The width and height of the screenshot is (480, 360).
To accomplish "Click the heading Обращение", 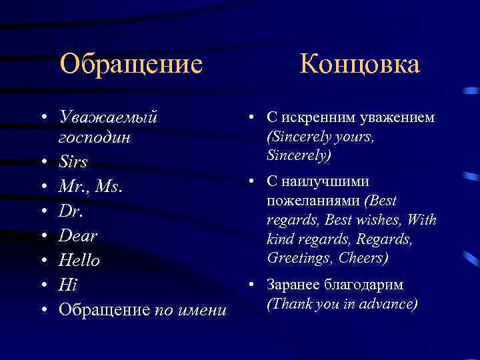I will coord(131,65).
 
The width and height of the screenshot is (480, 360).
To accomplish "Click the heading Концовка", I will coord(359,65).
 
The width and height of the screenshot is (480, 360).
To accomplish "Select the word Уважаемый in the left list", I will coord(108,117).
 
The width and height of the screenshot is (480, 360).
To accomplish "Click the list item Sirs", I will coord(73,161).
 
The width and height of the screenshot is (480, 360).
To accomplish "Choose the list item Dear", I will coord(78,235).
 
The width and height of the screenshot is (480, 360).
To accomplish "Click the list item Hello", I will coord(79,260).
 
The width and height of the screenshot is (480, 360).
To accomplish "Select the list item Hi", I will coord(68,285).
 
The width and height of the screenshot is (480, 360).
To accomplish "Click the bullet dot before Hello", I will coord(43,261).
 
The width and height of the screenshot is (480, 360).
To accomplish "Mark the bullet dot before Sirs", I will coord(43,162).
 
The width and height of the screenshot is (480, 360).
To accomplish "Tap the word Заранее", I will coord(293,285).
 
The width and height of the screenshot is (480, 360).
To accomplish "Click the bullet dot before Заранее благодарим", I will coord(253,285).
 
